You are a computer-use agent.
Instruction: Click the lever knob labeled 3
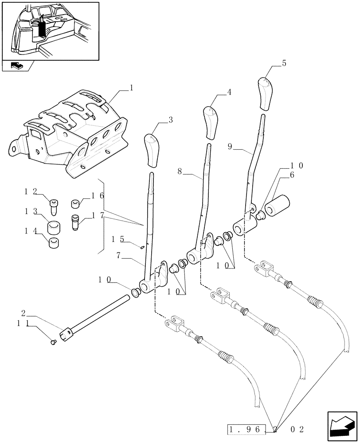151,151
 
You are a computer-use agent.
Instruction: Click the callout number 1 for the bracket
132,88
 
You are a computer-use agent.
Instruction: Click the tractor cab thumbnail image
50,31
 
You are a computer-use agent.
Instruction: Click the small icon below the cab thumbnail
17,66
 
